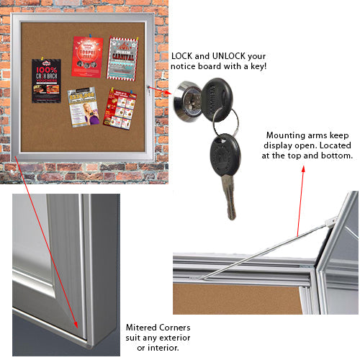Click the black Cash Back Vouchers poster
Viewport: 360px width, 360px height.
pos(46,80)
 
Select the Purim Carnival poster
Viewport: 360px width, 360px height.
pos(122,58)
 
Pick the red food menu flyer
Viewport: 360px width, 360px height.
pos(120,107)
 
